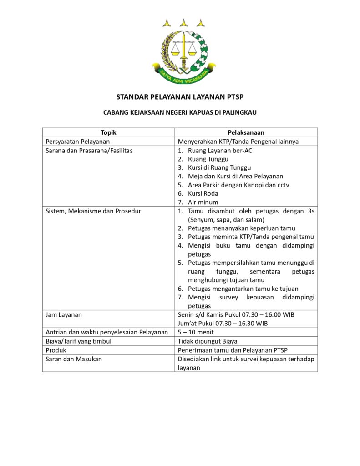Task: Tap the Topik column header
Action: click(x=109, y=132)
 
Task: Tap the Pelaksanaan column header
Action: click(x=246, y=132)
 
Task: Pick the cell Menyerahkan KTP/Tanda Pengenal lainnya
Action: click(x=238, y=142)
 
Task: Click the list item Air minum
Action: click(x=203, y=202)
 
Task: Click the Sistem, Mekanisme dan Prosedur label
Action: click(x=93, y=211)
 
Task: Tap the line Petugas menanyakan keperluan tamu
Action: click(x=241, y=228)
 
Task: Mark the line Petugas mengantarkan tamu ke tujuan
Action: click(x=243, y=289)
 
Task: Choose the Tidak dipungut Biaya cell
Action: click(x=207, y=341)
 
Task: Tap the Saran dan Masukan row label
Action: click(x=74, y=359)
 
